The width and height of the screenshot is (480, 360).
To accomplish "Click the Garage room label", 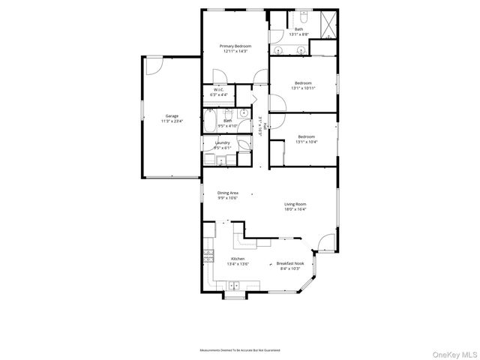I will [172, 118].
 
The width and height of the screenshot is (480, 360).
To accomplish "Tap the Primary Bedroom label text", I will [235, 48].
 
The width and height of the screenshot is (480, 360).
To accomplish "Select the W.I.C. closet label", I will [219, 93].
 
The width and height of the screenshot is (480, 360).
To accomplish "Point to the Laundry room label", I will [222, 144].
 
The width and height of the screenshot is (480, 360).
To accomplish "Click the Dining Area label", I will [227, 195].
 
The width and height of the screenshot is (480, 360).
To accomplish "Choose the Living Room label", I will [295, 206].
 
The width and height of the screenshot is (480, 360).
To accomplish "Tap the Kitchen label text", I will [238, 260].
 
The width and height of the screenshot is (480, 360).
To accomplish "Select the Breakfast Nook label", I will [289, 265].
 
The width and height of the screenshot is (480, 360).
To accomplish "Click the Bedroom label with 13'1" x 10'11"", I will [303, 85].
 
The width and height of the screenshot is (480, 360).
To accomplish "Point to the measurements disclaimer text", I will [239, 350].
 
